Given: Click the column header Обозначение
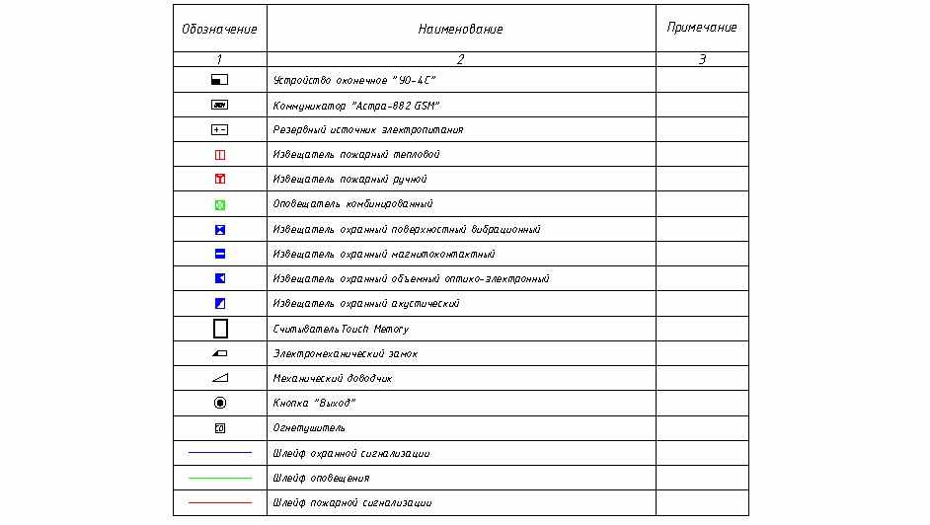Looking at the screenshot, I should (219, 30).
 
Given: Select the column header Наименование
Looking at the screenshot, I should (460, 30).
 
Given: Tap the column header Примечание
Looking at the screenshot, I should (702, 28).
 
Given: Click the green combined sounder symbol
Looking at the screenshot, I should (220, 204).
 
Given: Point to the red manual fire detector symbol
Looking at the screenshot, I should (220, 180).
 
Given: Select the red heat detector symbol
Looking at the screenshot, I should (220, 155).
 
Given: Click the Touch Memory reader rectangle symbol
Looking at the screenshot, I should (220, 329).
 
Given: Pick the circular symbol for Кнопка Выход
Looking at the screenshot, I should (220, 403).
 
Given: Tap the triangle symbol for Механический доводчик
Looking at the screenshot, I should (220, 378).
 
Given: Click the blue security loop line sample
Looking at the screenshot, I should (219, 453).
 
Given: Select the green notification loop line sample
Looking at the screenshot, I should (219, 478).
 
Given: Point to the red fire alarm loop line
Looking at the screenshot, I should (219, 502).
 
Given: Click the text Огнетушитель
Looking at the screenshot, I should (309, 428).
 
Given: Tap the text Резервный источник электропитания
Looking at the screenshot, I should (367, 130).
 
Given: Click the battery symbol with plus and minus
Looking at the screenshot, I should (220, 130).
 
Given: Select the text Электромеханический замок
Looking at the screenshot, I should (345, 353).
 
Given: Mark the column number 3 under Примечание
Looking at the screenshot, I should (702, 59).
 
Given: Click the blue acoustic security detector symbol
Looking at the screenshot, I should (220, 303).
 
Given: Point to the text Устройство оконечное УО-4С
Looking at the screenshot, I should (353, 80).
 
